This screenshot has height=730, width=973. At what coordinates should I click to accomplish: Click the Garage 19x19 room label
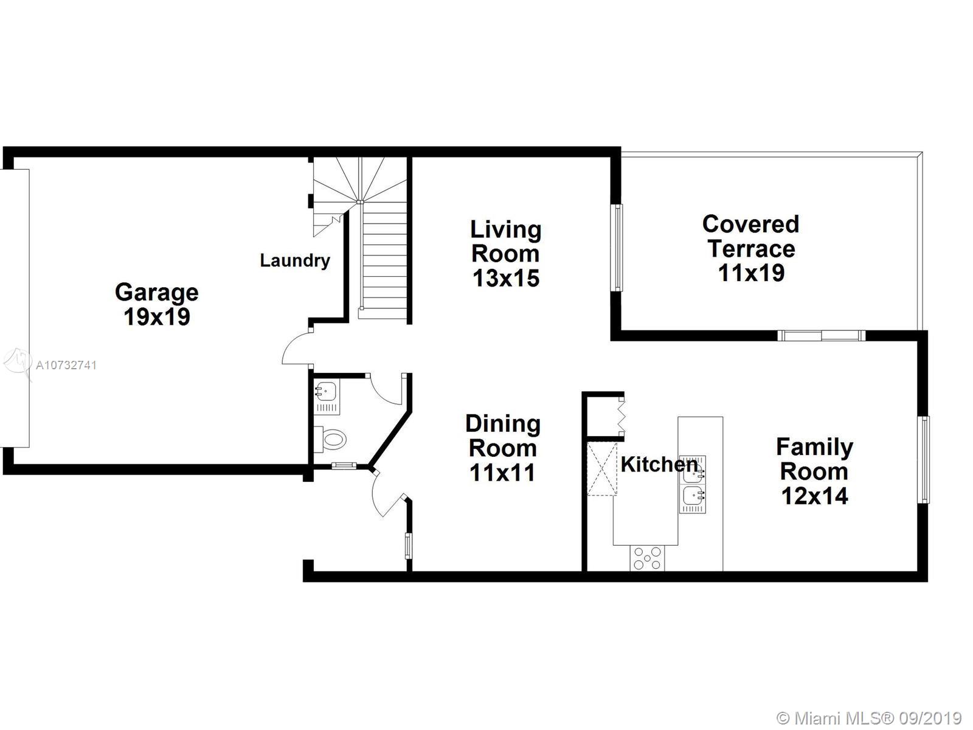156,305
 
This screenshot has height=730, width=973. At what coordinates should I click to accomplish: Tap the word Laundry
295,260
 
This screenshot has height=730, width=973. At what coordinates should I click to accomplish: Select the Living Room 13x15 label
506,254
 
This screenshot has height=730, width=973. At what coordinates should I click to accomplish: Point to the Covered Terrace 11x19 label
751,248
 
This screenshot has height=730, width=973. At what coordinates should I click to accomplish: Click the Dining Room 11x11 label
503,448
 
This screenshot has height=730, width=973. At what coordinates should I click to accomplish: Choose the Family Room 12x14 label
815,471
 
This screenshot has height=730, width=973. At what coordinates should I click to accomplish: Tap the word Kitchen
659,465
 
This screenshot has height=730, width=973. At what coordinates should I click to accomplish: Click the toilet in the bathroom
330,439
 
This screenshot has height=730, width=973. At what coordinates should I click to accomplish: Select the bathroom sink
327,396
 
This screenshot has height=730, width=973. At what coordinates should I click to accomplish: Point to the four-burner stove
647,558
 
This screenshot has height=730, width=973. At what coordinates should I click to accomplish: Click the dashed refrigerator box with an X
602,468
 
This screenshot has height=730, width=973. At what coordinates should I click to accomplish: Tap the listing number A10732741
66,365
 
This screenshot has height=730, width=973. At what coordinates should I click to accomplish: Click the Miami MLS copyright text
869,718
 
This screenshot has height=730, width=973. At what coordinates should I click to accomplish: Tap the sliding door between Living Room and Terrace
617,248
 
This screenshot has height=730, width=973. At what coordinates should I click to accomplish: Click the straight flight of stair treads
384,262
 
